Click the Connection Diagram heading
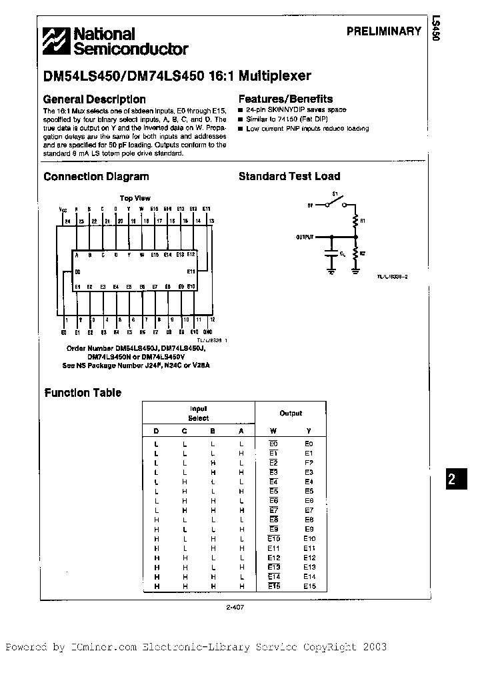click(96, 177)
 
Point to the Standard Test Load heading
click(289, 177)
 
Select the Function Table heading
click(83, 393)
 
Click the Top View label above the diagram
click(135, 198)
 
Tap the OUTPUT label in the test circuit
click(305, 236)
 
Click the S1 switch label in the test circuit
click(336, 194)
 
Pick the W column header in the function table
click(273, 431)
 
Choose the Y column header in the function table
click(309, 431)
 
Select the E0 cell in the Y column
click(309, 444)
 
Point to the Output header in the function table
click(291, 414)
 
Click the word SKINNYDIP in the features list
click(285, 109)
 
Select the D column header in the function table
click(157, 431)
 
